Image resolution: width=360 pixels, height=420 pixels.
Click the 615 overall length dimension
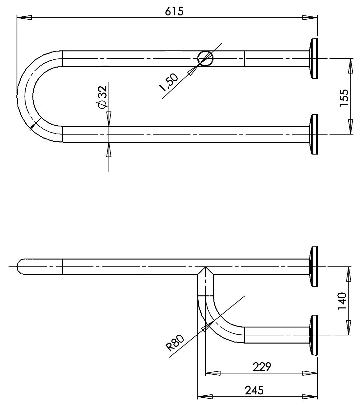(174, 11)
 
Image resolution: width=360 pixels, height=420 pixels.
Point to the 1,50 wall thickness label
(168, 82)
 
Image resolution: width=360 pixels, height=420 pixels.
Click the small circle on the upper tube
(206, 58)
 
